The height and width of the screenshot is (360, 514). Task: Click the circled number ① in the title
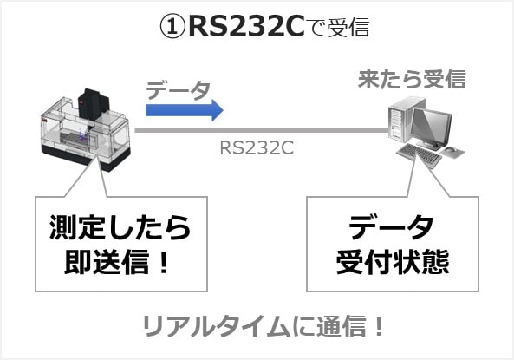172,27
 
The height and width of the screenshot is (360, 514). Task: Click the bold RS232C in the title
247,27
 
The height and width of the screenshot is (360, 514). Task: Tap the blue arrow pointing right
185,110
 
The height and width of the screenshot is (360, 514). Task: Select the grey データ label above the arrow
178,90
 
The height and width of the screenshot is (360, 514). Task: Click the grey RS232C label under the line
257,148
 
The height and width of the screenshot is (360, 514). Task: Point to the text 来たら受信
412,80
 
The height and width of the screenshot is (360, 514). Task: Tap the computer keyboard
420,155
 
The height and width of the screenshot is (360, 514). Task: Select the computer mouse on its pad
452,151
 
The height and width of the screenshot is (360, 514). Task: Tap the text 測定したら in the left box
120,227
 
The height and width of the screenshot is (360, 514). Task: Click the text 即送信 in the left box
107,262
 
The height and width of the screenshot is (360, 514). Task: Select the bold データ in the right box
392,227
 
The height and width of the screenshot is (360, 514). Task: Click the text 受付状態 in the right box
393,262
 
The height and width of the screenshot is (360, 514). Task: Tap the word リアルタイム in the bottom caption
217,326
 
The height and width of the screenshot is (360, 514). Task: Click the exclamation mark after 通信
380,325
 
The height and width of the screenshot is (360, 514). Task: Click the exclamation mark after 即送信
163,262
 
